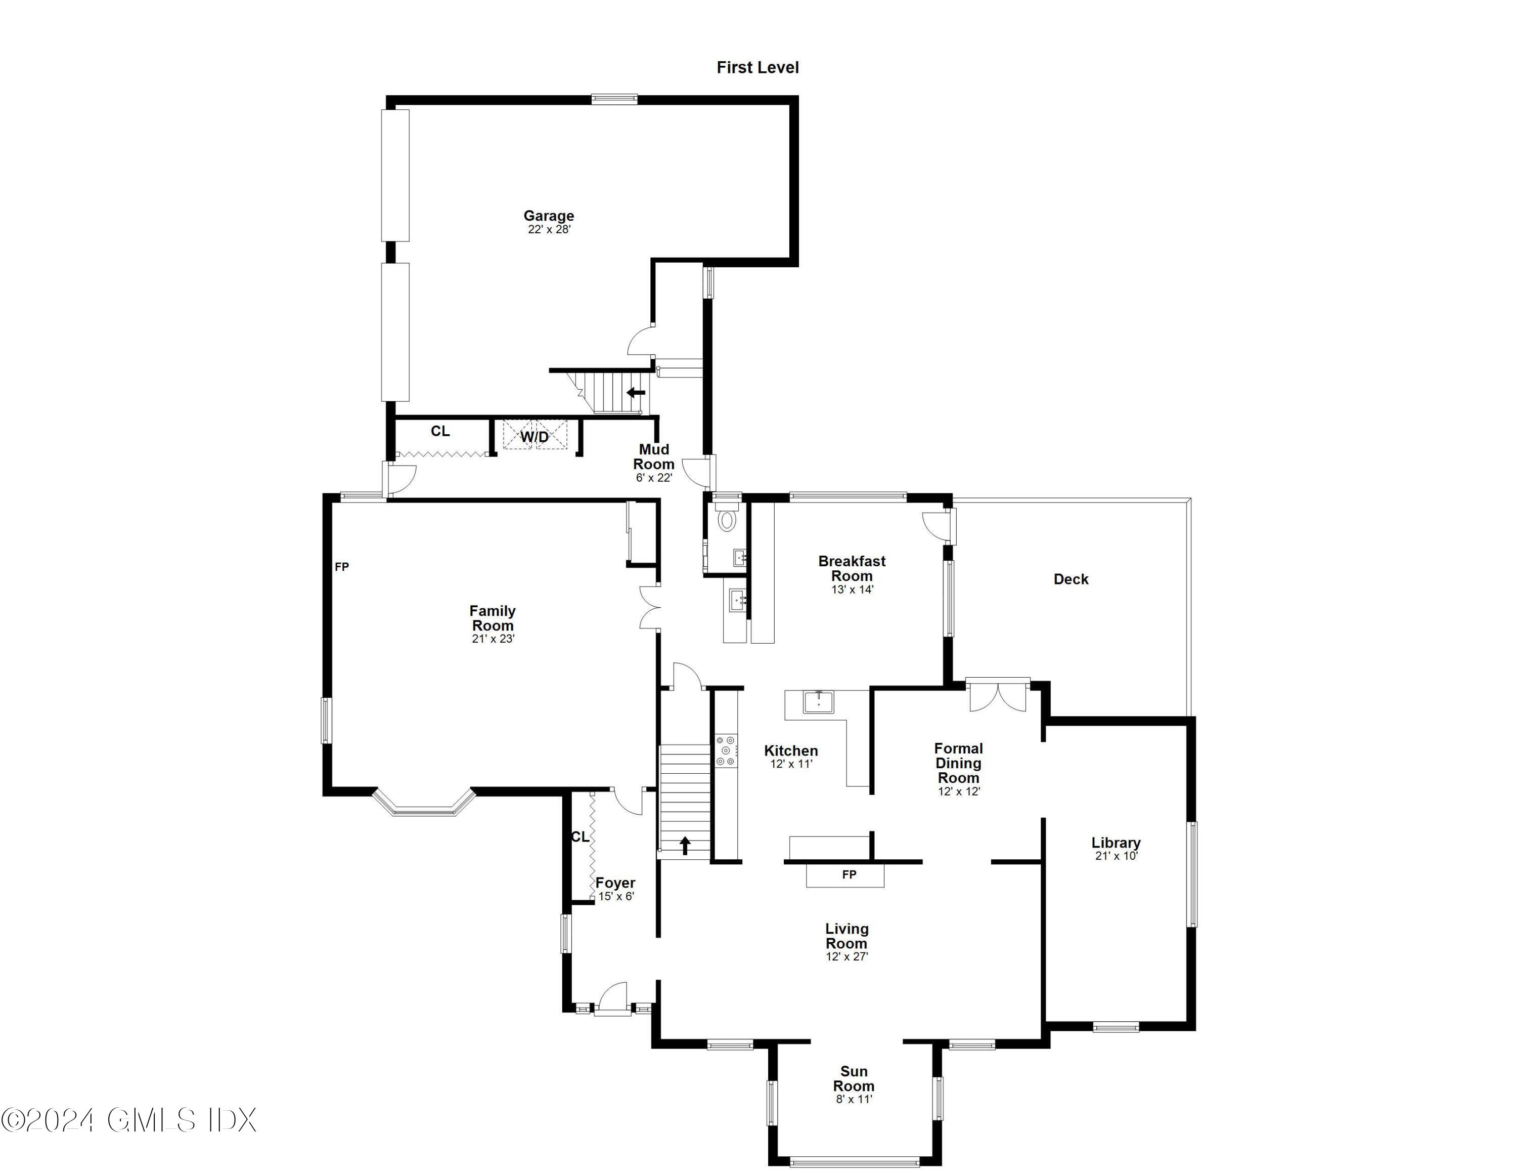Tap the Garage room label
coord(549,216)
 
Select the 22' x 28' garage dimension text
coord(549,229)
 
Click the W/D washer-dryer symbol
coord(535,436)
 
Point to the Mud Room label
coord(654,456)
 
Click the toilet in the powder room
coord(727,520)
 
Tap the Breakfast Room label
coord(852,568)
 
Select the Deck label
coord(1070,579)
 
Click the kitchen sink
coord(820,702)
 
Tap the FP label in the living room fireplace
coord(849,874)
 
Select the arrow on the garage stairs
coord(636,393)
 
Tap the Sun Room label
coord(854,1078)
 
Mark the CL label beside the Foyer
coord(580,836)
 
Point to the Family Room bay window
coord(424,806)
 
